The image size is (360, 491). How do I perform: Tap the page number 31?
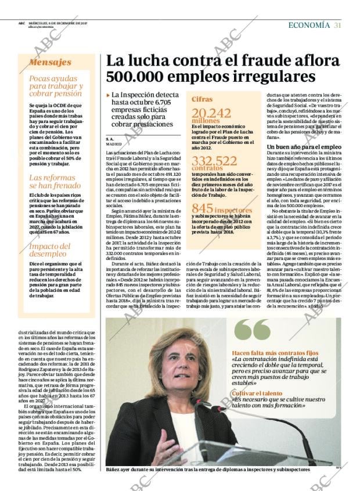(337, 25)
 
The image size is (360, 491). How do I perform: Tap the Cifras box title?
(202, 99)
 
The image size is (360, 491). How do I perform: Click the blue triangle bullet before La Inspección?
(108, 95)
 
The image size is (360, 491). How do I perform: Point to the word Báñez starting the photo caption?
(115, 469)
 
